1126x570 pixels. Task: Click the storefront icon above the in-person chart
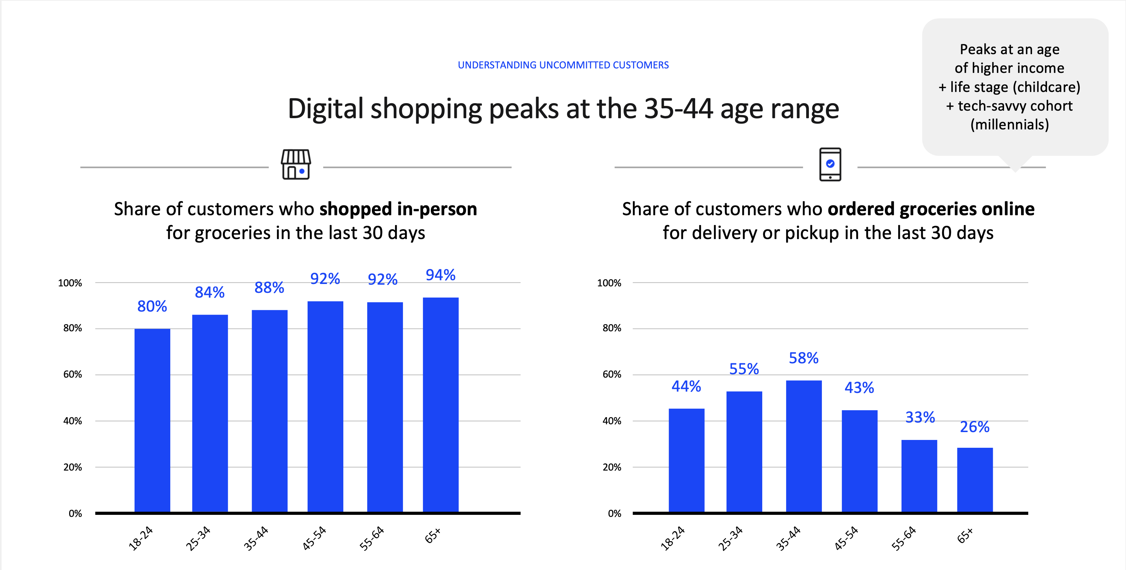coord(296,164)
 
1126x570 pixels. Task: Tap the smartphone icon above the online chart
coord(830,164)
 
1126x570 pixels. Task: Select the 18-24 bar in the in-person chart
coord(152,419)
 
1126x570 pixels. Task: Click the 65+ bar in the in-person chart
coord(441,404)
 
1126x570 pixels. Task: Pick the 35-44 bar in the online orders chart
coord(803,446)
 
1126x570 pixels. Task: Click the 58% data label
coord(803,358)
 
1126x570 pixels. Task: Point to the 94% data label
coord(441,275)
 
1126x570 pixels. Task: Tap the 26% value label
coord(974,427)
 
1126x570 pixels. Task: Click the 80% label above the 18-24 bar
coord(152,306)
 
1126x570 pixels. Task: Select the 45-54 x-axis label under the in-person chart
coord(314,538)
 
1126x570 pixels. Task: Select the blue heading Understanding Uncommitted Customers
coord(563,65)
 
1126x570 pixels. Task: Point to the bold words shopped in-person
coord(398,209)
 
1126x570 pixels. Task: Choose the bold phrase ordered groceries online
coord(930,209)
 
